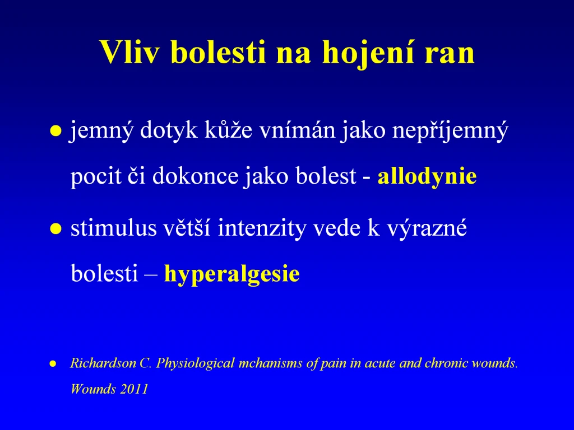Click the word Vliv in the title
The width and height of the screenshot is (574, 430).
tap(129, 52)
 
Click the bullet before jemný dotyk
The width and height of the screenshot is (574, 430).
tap(55, 131)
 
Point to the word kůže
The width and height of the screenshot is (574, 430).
tap(228, 130)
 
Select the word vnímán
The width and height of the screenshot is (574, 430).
tap(297, 130)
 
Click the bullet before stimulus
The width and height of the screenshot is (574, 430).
tap(55, 228)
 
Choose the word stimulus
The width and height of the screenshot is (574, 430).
tap(113, 228)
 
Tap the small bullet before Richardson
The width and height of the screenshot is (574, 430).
tap(53, 363)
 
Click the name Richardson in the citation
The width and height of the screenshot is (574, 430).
tap(103, 363)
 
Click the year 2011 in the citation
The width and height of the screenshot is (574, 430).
tap(134, 389)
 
